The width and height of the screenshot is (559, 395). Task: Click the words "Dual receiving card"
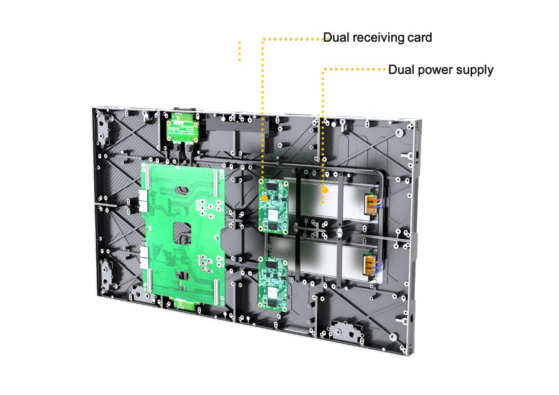tap(378, 38)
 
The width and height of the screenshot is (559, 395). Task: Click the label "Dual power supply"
tap(440, 70)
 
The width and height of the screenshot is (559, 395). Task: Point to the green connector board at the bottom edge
tap(182, 304)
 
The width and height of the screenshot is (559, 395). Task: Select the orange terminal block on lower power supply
tap(371, 266)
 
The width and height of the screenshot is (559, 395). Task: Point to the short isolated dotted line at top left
tap(240, 52)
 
